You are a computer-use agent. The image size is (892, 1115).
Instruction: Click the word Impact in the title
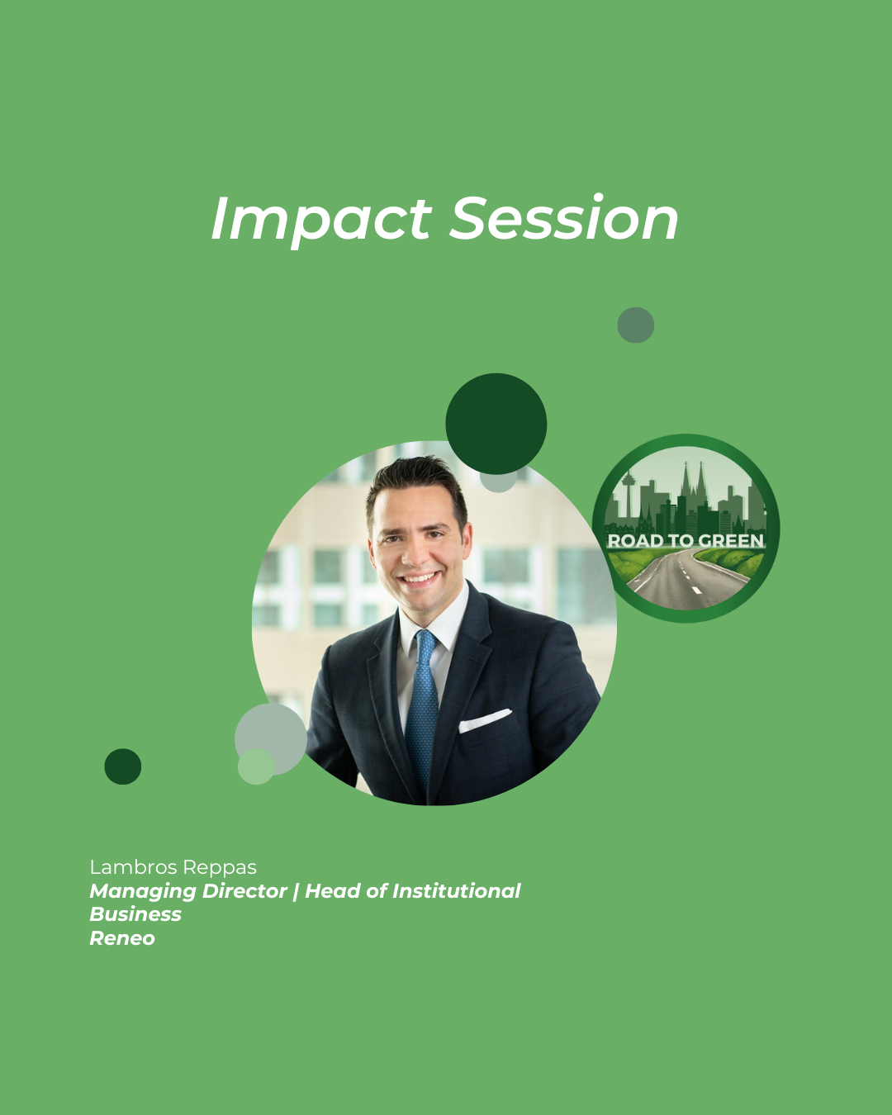tap(321, 220)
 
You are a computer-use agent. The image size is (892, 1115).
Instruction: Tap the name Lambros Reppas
tap(173, 867)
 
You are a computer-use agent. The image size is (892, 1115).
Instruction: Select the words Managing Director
tap(188, 892)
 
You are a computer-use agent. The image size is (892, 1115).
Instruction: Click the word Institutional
tap(456, 890)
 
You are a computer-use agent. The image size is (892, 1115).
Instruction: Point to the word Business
tap(135, 914)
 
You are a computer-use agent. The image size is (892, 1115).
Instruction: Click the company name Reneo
tap(122, 937)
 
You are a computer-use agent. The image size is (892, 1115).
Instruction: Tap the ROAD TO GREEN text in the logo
tap(686, 540)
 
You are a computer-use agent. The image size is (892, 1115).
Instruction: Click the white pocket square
tap(485, 720)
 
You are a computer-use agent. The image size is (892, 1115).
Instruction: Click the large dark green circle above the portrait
tap(496, 424)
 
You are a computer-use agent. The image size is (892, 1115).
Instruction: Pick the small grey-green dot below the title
tap(635, 325)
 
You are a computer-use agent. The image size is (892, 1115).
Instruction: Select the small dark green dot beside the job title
tap(123, 766)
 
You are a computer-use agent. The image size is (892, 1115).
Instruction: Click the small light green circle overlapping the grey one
tap(256, 766)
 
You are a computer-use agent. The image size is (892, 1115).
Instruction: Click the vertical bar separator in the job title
tap(296, 892)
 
